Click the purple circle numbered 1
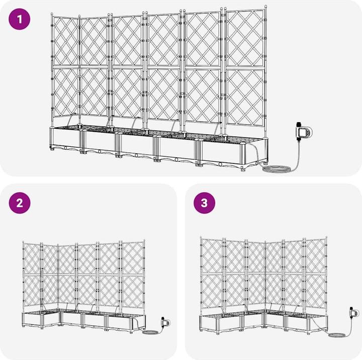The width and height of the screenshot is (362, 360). coord(20,19)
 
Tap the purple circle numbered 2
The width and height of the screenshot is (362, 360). coord(20,203)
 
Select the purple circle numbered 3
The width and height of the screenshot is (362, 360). coord(204,203)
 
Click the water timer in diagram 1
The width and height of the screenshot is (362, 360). coord(304,131)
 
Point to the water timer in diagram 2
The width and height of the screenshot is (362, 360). coord(165,322)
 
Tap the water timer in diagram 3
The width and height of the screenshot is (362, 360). coord(354,313)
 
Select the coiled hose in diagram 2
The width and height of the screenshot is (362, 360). coord(150,332)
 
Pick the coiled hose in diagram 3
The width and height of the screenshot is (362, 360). coord(337,335)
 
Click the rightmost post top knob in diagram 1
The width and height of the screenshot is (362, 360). coord(265,7)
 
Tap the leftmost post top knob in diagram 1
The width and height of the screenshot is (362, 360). coord(52,14)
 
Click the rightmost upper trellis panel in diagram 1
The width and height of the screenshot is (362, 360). coord(245,38)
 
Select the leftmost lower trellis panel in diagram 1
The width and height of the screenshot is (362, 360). coord(66,93)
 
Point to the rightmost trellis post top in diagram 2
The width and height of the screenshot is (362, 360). coord(144,241)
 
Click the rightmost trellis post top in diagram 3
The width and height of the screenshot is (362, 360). coord(326,237)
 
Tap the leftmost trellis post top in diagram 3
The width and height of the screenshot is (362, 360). coord(201,238)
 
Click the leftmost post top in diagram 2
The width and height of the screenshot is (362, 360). coord(23,242)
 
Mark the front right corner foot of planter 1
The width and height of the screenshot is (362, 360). coord(243,169)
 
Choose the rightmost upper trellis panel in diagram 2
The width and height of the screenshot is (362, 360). coord(132,258)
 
